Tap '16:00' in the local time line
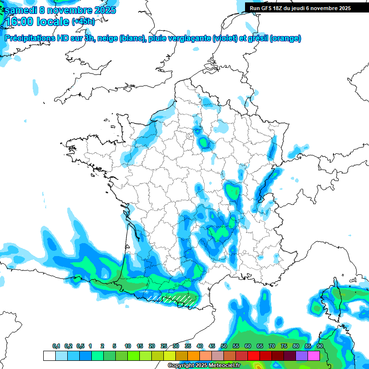point(18,22)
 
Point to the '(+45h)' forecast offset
point(83,22)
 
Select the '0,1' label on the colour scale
point(56,346)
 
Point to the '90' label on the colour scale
point(320,346)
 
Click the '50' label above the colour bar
point(224,346)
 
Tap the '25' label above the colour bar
point(164,346)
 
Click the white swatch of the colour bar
point(49,356)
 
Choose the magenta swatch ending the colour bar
point(314,356)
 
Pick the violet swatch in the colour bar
point(302,356)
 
